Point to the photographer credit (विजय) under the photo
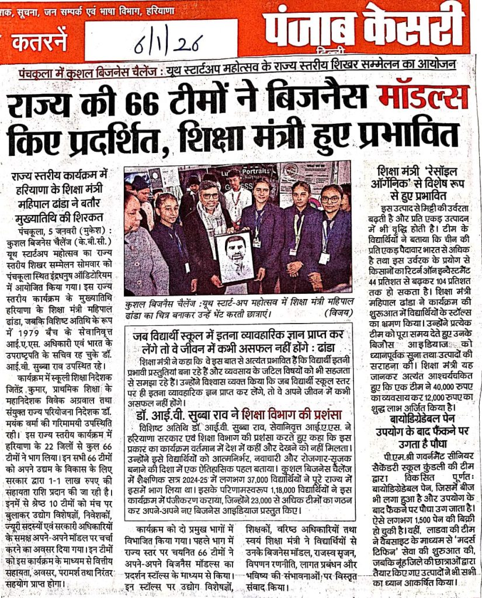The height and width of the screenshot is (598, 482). point(335,314)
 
